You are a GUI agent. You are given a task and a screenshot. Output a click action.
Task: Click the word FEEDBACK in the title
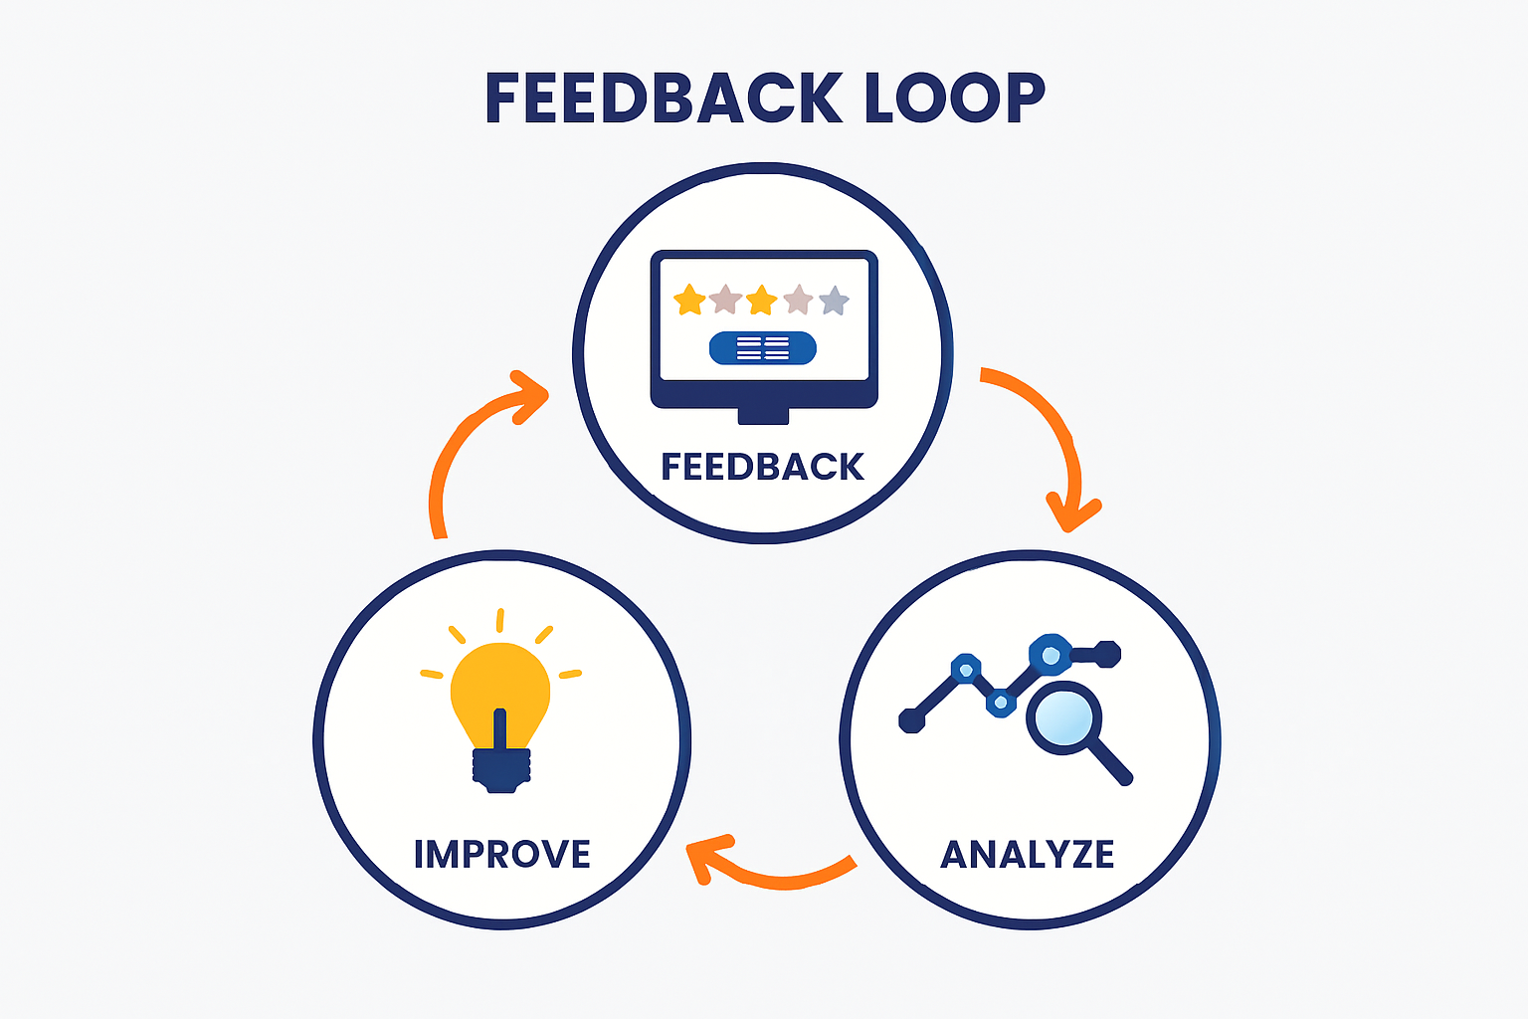664,99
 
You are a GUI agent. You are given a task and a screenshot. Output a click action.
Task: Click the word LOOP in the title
954,99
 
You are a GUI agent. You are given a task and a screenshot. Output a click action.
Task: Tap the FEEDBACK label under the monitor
763,467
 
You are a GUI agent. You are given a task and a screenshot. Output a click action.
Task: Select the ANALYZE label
1028,855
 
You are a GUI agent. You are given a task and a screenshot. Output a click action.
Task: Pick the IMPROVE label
502,855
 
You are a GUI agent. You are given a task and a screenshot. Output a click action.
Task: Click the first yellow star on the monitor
689,300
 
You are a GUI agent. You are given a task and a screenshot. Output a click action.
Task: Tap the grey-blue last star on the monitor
834,300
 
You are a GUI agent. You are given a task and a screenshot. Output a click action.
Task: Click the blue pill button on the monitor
763,348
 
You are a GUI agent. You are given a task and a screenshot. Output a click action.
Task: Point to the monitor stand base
763,415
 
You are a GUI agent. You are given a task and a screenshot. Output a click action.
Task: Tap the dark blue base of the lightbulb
500,768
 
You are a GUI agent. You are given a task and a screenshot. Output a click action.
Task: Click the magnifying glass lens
1062,717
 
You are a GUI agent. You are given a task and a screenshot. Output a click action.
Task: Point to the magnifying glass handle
1110,762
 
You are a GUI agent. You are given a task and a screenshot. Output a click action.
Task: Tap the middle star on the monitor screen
761,300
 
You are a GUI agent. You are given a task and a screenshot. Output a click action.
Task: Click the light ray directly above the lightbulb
500,621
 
